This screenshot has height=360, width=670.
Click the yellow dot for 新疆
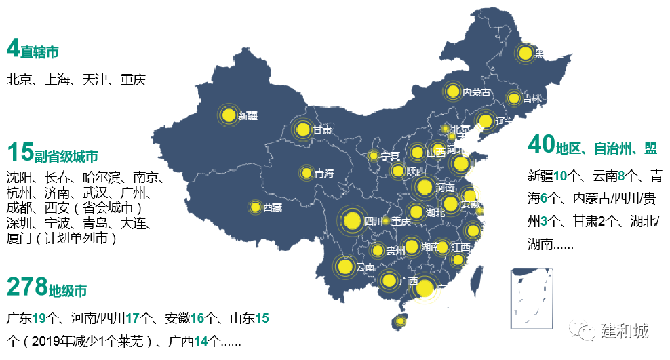click(x=228, y=115)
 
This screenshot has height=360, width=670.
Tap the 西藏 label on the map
click(x=273, y=207)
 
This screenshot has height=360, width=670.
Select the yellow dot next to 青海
click(x=307, y=173)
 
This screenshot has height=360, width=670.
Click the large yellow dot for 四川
click(x=351, y=220)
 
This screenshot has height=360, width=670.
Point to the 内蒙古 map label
click(x=477, y=92)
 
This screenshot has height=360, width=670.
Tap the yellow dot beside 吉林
click(x=515, y=98)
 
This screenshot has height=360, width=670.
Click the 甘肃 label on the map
click(x=323, y=129)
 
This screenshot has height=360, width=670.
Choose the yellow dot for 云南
click(x=344, y=266)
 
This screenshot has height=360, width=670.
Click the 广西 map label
click(x=409, y=280)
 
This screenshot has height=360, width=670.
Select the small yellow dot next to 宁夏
click(x=373, y=156)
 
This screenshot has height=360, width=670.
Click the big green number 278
click(x=26, y=287)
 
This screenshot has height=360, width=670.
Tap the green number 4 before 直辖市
click(x=12, y=48)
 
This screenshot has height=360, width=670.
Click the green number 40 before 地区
click(x=541, y=144)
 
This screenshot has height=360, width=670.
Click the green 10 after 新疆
click(x=560, y=176)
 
